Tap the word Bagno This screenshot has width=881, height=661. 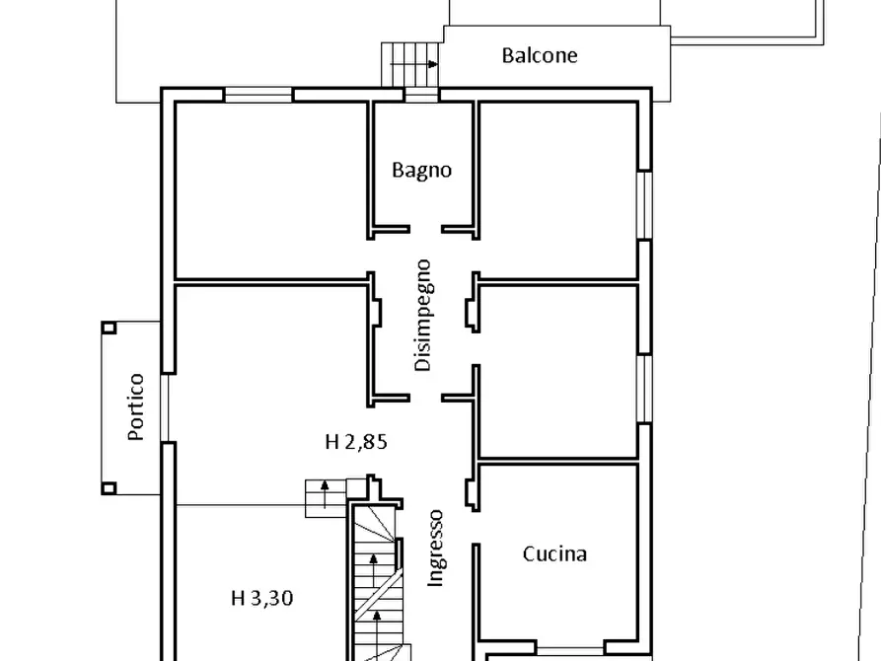pyautogui.click(x=421, y=170)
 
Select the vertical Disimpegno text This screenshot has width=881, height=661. pyautogui.click(x=423, y=315)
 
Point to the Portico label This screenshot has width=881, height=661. pyautogui.click(x=136, y=406)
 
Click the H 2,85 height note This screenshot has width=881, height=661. pyautogui.click(x=356, y=442)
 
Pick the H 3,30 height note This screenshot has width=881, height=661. pyautogui.click(x=261, y=597)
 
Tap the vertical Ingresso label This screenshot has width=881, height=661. pyautogui.click(x=436, y=549)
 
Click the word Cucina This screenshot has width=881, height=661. pyautogui.click(x=554, y=553)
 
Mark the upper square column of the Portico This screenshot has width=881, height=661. pyautogui.click(x=109, y=328)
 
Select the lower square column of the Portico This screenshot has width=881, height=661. pyautogui.click(x=109, y=487)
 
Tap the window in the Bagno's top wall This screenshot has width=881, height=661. pyautogui.click(x=421, y=96)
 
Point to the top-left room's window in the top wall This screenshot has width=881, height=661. pyautogui.click(x=258, y=96)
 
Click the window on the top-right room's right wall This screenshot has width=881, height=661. pyautogui.click(x=644, y=204)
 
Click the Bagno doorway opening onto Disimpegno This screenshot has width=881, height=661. pyautogui.click(x=424, y=230)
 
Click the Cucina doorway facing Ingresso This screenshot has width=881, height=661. pyautogui.click(x=475, y=515)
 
